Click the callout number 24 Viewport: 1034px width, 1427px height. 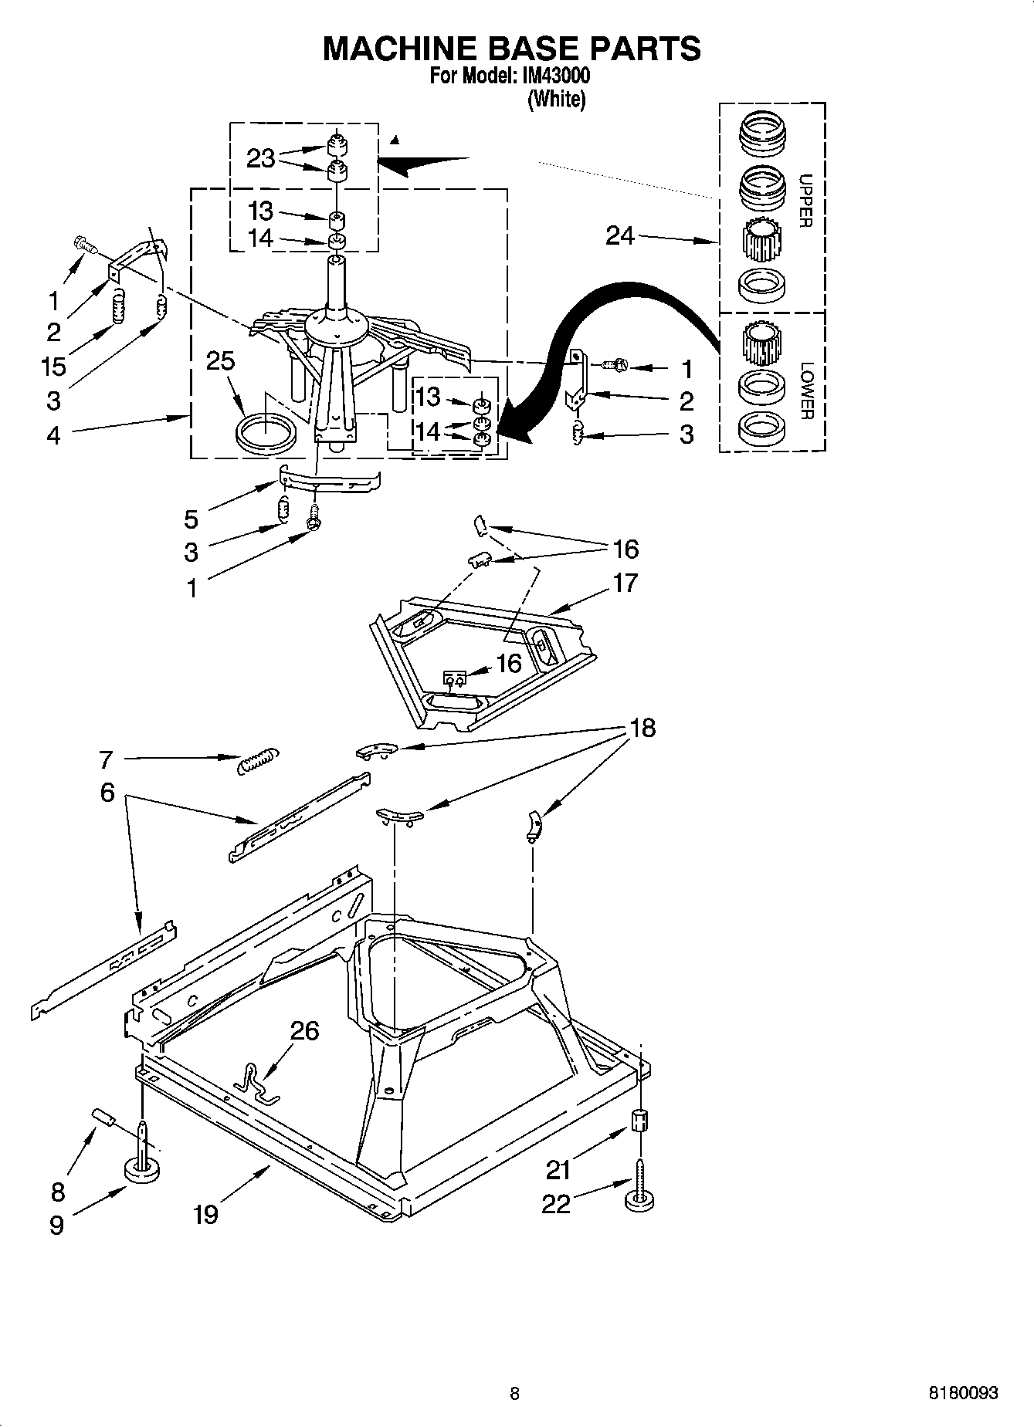[x=619, y=235]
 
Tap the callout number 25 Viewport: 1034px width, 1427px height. [x=220, y=360]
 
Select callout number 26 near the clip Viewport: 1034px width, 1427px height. [x=304, y=1030]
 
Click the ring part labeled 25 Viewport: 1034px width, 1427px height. [x=266, y=432]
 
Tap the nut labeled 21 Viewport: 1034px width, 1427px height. [x=639, y=1121]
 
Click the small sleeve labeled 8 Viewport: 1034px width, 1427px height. [x=104, y=1118]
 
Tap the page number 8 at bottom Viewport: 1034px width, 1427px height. [x=515, y=1393]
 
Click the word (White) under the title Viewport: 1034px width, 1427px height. [x=556, y=100]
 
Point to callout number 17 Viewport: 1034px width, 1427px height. [x=625, y=582]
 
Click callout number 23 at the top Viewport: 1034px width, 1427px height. [x=260, y=158]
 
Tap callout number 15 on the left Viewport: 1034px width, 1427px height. [x=53, y=365]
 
